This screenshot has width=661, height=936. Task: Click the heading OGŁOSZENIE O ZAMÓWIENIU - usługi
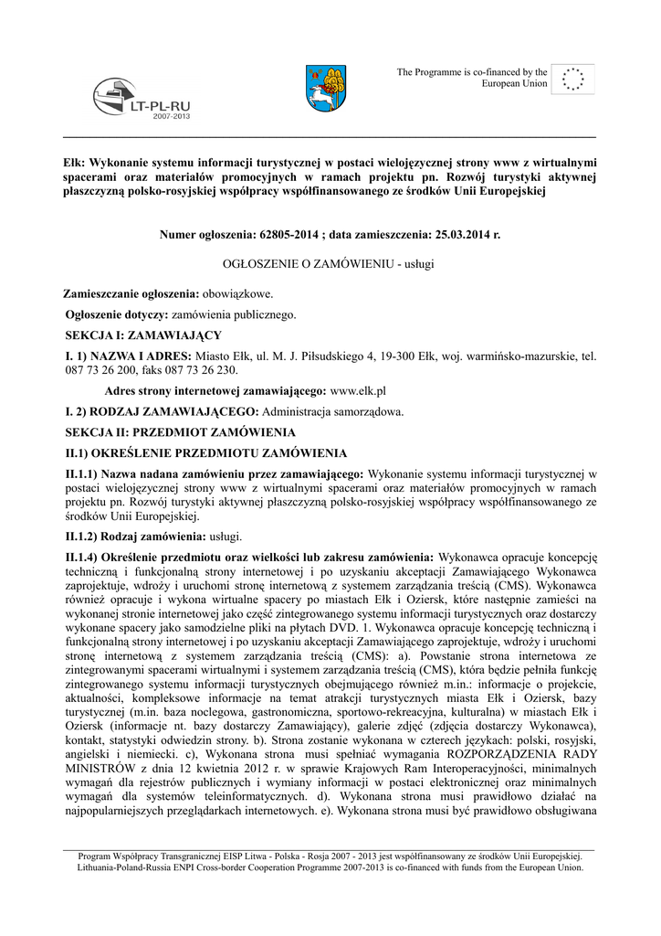tap(330, 263)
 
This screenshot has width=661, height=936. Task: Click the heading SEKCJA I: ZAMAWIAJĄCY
tap(136, 335)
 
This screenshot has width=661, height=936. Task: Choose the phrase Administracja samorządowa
tap(333, 411)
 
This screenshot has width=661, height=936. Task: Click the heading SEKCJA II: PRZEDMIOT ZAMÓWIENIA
tap(179, 431)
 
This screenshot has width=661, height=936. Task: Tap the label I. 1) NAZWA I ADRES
tap(128, 356)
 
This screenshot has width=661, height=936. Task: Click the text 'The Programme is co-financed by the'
tap(471, 71)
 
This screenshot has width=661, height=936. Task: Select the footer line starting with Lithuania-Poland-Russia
tap(330, 867)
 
